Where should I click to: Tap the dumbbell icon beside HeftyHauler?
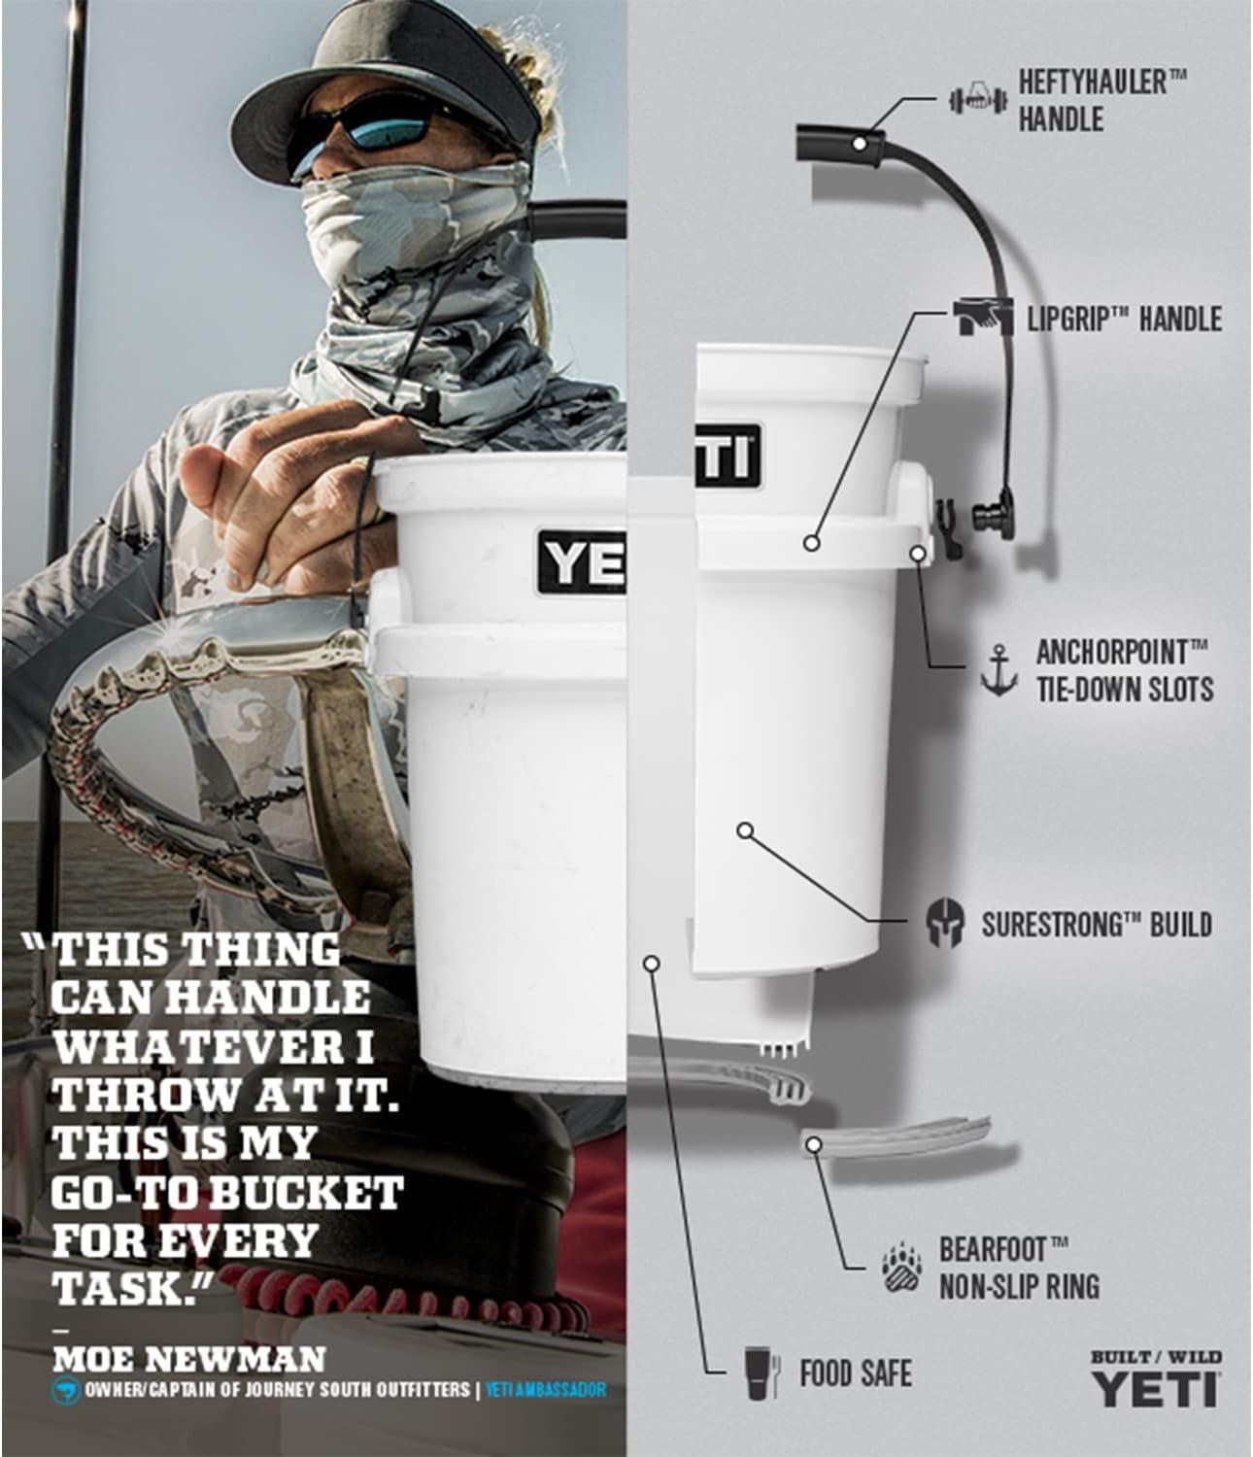tap(976, 99)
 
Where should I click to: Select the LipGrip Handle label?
tap(1124, 320)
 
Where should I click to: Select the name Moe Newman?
tap(189, 1359)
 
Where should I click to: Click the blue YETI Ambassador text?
tap(546, 1390)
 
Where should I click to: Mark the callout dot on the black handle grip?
tap(859, 144)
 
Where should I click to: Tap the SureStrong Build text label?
tap(1098, 924)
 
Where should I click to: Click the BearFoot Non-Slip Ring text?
tap(1019, 1269)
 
